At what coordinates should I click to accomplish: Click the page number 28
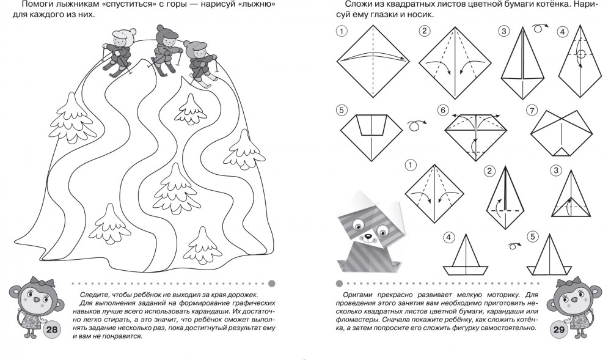52,329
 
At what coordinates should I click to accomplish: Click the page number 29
559,329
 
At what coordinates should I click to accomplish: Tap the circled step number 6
442,110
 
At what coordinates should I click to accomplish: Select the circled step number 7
532,110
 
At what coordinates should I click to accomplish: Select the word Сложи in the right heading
357,5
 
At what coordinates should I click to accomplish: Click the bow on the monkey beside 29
574,281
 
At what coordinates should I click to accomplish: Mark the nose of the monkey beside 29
573,300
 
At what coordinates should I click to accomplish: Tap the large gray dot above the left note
272,284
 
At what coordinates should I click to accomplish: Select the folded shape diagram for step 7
561,133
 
